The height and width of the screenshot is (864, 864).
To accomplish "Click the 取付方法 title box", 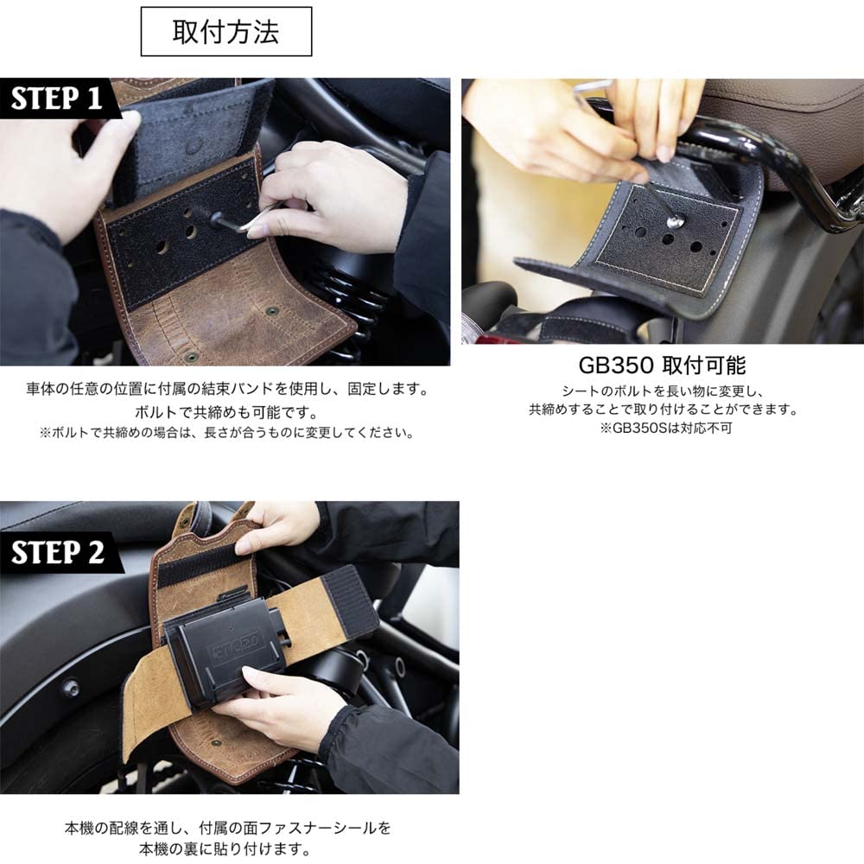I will click(226, 32).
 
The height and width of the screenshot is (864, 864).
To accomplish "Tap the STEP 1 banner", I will click(56, 98).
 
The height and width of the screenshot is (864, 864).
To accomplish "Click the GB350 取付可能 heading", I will click(663, 365).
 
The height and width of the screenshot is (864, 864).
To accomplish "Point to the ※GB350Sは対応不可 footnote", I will click(663, 429).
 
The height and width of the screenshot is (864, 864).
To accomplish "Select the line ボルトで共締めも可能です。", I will click(227, 410).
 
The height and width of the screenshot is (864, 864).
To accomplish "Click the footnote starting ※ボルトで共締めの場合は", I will click(227, 432).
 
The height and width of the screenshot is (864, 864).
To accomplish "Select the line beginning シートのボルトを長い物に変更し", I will click(663, 391).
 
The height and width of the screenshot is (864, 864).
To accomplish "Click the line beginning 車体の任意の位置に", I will click(227, 389).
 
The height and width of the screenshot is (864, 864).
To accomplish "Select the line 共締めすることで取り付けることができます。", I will click(663, 410).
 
